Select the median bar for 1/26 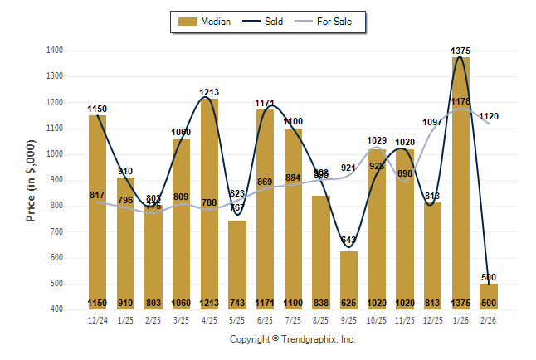(x=460, y=182)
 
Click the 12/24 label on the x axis (x=97, y=319)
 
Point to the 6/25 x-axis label (x=265, y=319)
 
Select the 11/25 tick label (x=404, y=319)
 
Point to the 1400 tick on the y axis (x=56, y=51)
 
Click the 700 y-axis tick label (x=58, y=231)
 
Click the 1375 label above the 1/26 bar (x=460, y=51)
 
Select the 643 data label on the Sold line (x=348, y=241)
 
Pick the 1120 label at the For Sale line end (x=489, y=117)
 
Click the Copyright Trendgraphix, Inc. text (x=292, y=340)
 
